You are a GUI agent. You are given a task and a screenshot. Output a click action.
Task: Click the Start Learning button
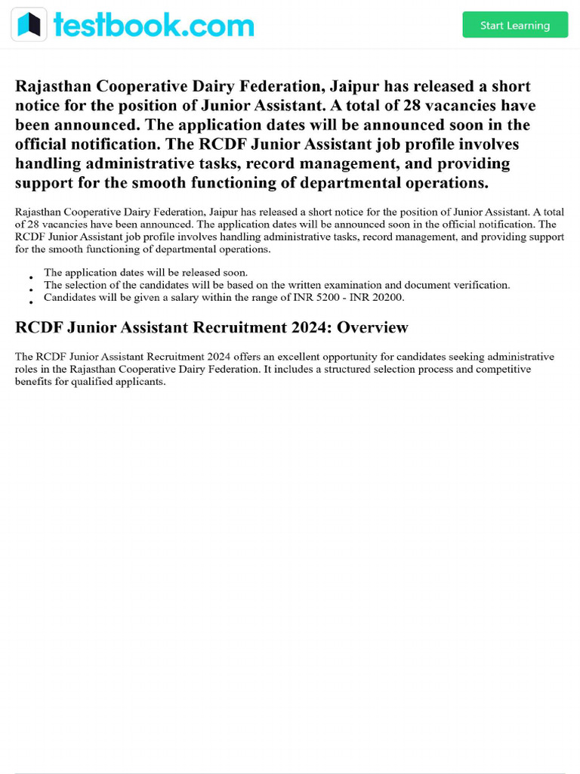515,25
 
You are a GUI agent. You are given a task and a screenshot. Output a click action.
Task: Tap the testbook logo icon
29,25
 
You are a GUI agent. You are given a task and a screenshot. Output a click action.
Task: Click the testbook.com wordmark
154,25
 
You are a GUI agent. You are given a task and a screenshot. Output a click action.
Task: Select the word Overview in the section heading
372,327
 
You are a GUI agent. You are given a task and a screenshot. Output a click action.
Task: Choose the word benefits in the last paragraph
35,382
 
